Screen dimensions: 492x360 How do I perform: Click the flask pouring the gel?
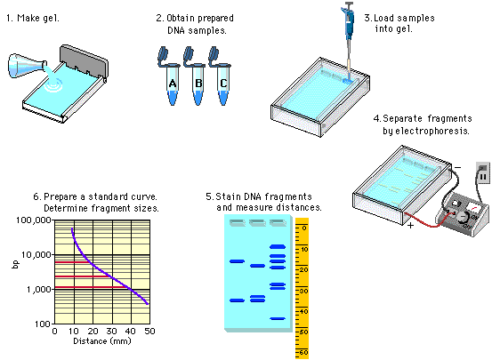pos(28,67)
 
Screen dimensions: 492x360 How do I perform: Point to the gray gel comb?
pos(85,61)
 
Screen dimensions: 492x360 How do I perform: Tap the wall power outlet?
pos(483,173)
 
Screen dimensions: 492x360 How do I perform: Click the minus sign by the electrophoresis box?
pos(458,168)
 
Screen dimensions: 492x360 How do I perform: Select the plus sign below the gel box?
pos(410,225)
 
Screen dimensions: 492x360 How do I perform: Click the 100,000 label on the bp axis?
pos(34,220)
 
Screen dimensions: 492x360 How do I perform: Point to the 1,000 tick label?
pos(39,289)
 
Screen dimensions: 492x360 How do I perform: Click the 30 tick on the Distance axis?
pos(112,332)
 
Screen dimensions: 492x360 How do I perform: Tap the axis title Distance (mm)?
pos(102,341)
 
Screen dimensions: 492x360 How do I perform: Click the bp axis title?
pos(15,264)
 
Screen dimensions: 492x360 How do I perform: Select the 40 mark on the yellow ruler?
pos(303,311)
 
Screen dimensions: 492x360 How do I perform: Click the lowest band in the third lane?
pos(278,318)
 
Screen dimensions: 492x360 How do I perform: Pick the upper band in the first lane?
pos(237,261)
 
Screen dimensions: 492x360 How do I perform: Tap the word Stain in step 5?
pos(226,196)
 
